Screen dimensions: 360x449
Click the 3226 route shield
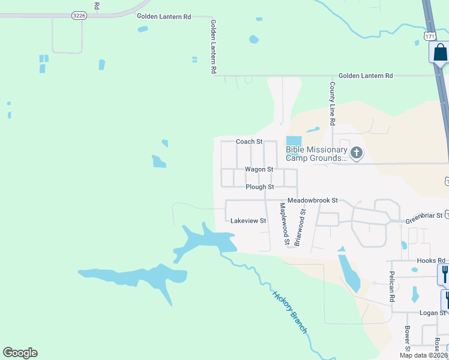point(78,15)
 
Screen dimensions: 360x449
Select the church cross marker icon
point(357,152)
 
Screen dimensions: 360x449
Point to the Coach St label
point(249,142)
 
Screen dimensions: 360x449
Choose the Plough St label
point(260,187)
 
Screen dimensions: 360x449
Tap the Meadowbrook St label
point(313,200)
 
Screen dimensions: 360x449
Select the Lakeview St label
point(249,221)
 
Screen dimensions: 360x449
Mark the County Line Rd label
point(331,104)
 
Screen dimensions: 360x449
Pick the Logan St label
point(433,313)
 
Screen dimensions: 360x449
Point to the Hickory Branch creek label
point(291,313)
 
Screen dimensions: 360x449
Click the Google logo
point(20,353)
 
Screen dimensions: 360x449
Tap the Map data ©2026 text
point(423,355)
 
